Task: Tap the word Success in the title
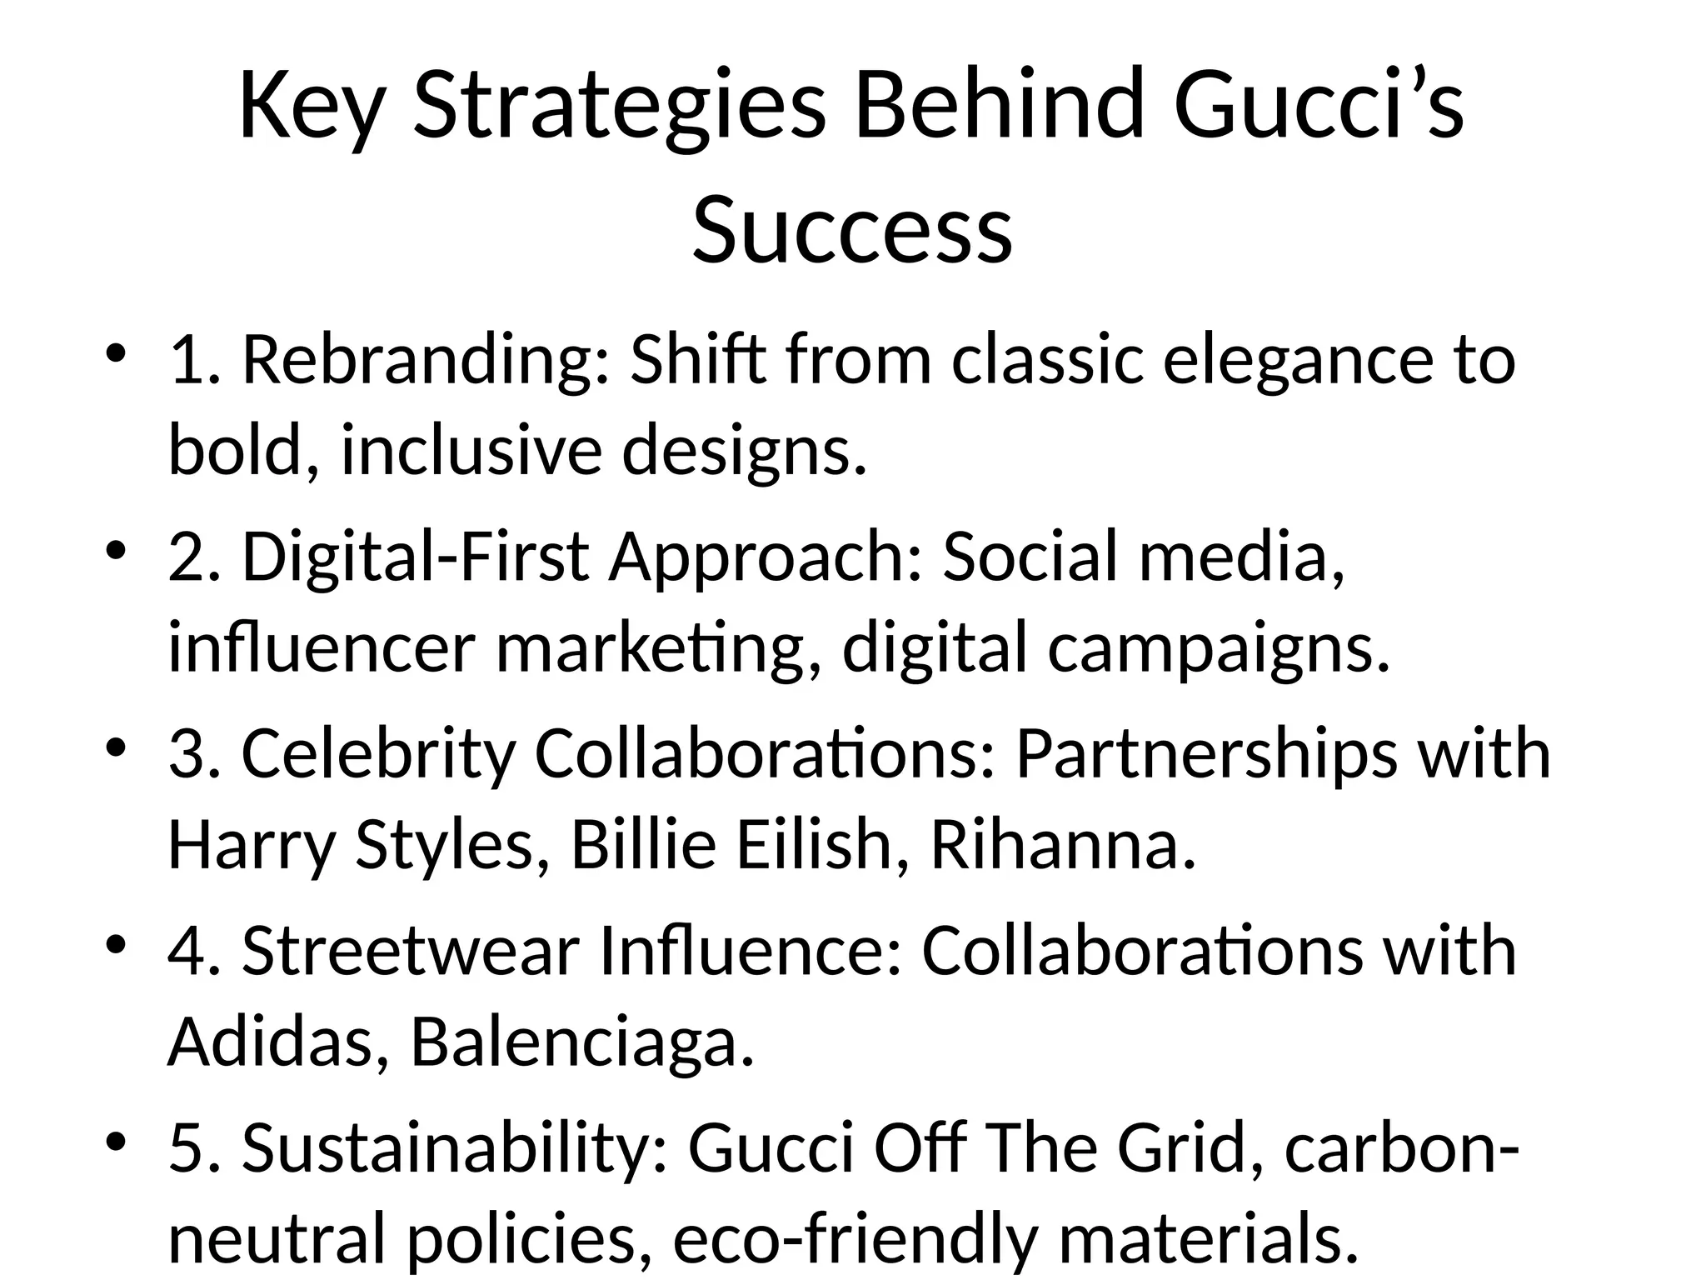[852, 227]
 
